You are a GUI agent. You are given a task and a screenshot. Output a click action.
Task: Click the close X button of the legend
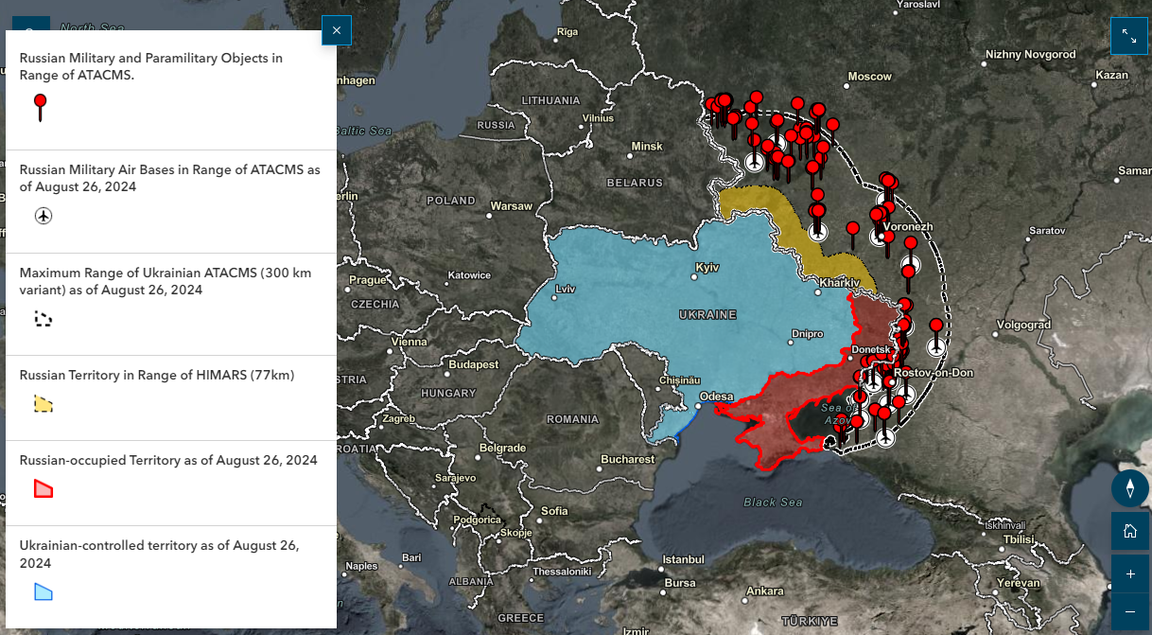[337, 31]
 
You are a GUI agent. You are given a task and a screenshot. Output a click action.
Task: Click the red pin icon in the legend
[40, 106]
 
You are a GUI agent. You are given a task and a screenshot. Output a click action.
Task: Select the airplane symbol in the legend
[44, 216]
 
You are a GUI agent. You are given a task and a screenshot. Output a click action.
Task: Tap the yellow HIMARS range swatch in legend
[43, 404]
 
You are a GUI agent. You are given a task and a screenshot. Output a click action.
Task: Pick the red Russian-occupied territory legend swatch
[44, 489]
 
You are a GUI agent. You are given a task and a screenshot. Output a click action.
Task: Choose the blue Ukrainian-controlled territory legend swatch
[44, 592]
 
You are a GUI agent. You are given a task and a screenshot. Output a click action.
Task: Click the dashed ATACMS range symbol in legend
[43, 319]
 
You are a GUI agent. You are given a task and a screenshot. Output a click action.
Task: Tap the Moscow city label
[869, 76]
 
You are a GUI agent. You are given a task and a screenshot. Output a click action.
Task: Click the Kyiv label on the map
[707, 268]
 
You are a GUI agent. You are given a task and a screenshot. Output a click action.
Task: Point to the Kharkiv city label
[839, 283]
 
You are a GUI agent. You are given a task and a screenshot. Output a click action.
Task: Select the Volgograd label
[1023, 325]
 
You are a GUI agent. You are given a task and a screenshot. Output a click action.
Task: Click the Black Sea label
[772, 503]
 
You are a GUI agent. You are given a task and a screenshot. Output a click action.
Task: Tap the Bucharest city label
[627, 459]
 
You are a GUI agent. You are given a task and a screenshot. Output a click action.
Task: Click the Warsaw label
[511, 205]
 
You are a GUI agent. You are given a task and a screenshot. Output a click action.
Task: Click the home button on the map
[1129, 531]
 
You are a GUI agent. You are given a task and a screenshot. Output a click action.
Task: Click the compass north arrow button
[1129, 488]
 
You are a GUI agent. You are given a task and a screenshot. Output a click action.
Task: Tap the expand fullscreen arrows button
[1129, 36]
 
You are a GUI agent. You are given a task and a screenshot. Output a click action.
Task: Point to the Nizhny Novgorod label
[1030, 54]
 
